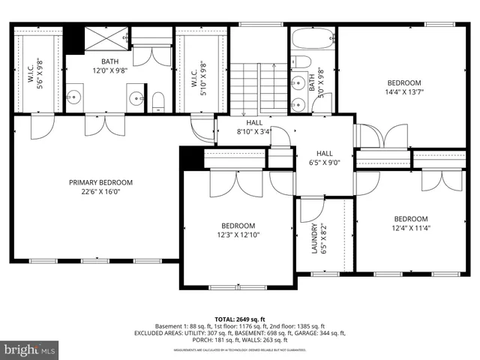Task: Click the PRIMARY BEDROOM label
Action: pyautogui.click(x=100, y=182)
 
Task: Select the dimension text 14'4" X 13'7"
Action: pyautogui.click(x=403, y=93)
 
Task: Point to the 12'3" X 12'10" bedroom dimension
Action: pyautogui.click(x=238, y=235)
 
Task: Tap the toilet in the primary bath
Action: pyautogui.click(x=158, y=101)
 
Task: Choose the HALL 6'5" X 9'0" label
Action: pyautogui.click(x=324, y=157)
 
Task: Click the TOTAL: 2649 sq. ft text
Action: pyautogui.click(x=240, y=318)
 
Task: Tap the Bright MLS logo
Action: pyautogui.click(x=30, y=349)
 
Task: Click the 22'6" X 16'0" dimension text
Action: pyautogui.click(x=100, y=192)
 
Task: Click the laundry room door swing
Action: pyautogui.click(x=310, y=211)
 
